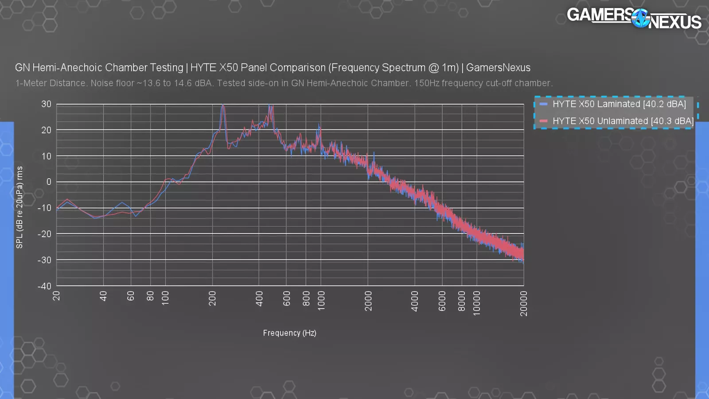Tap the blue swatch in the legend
(543, 104)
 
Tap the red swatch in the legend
(543, 121)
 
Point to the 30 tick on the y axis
(46, 104)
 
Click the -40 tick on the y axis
(44, 286)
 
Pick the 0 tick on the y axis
(49, 182)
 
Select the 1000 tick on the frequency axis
(321, 301)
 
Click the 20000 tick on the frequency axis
(524, 303)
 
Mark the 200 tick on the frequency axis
(212, 298)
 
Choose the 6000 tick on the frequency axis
(442, 301)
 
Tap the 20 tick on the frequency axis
(56, 296)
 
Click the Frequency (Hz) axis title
(289, 333)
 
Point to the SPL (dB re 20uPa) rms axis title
(19, 207)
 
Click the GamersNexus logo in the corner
(634, 18)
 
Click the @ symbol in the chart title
(433, 68)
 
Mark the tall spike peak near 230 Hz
(223, 106)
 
